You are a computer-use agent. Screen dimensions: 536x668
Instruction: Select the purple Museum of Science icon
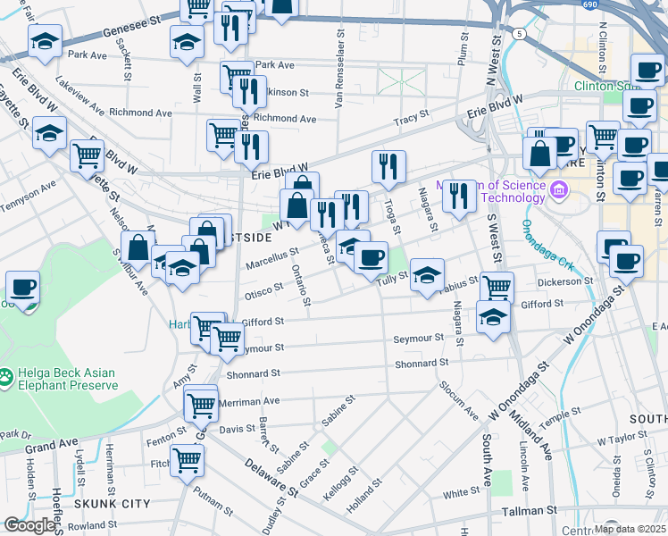tap(559, 190)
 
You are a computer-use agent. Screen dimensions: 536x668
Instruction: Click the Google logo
tap(29, 526)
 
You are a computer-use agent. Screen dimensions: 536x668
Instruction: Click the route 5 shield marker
tap(519, 32)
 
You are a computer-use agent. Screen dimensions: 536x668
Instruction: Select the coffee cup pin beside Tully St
tap(371, 257)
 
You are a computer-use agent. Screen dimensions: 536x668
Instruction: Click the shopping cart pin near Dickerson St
tap(497, 287)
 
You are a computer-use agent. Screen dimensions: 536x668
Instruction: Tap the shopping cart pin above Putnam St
tap(187, 460)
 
